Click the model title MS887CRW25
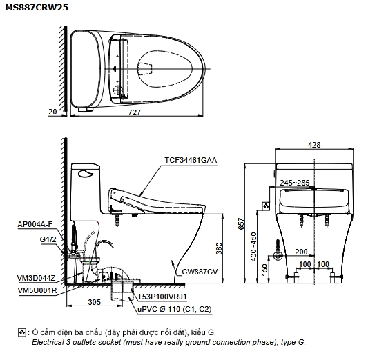37,8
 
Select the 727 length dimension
135,112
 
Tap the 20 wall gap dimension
52,112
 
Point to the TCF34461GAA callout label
191,160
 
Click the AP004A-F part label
35,224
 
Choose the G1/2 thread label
48,239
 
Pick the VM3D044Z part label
36,278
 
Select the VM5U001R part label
37,290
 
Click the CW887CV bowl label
200,272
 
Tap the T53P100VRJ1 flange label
162,297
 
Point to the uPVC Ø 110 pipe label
175,309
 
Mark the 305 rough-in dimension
95,301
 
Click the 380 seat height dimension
219,248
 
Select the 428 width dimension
314,145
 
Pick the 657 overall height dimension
242,223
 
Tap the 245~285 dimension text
295,183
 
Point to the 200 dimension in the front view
301,252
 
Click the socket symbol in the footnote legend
22,332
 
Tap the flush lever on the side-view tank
86,174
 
